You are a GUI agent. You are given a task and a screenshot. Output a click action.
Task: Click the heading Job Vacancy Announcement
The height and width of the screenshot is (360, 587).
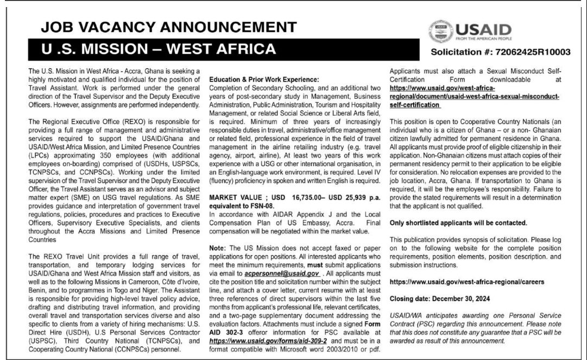[x=163, y=27]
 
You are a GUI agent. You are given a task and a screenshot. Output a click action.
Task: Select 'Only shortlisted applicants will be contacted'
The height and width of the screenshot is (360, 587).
[x=458, y=223]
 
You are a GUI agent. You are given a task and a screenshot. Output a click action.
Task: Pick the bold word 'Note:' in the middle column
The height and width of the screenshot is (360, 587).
[x=218, y=247]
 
